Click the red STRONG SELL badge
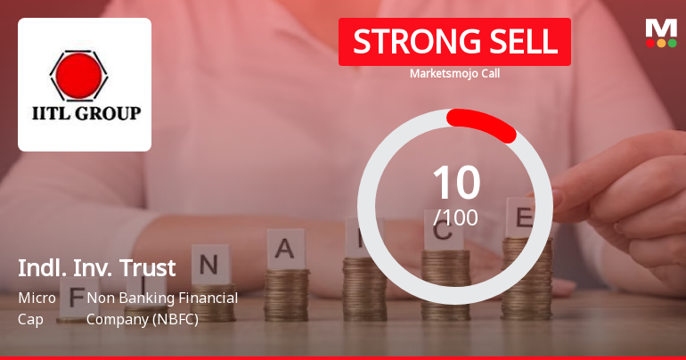pyautogui.click(x=454, y=42)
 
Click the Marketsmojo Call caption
pyautogui.click(x=454, y=73)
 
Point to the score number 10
pyautogui.click(x=455, y=183)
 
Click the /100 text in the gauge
pyautogui.click(x=455, y=217)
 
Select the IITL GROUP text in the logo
pyautogui.click(x=85, y=114)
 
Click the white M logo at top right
pyautogui.click(x=661, y=27)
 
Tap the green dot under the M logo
pyautogui.click(x=672, y=42)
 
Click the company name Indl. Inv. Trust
pyautogui.click(x=97, y=267)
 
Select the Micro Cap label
pyautogui.click(x=37, y=307)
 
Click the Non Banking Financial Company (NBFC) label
pyautogui.click(x=162, y=307)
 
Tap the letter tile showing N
pyautogui.click(x=209, y=265)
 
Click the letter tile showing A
pyautogui.click(x=285, y=249)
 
